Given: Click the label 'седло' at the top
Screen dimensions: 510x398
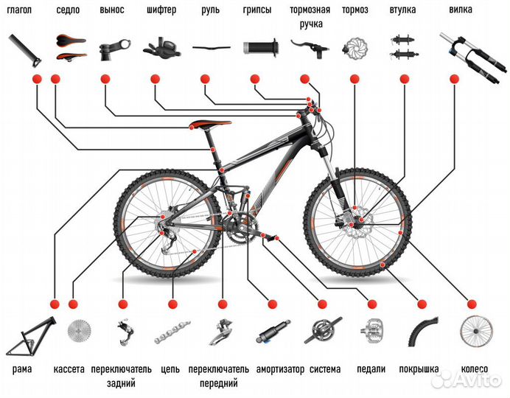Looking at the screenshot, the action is (x=68, y=10).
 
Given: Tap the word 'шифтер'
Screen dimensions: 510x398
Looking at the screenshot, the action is (x=161, y=10).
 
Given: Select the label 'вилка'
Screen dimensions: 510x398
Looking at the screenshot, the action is (x=461, y=10).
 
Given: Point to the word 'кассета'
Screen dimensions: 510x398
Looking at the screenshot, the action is (x=69, y=369).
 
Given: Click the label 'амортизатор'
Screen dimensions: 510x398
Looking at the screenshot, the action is (x=280, y=370).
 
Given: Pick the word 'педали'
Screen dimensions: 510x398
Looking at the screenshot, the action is (x=371, y=369).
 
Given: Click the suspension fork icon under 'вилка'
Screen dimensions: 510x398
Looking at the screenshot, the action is (x=473, y=57).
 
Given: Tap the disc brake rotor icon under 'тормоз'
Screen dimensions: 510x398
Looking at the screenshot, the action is (x=354, y=49).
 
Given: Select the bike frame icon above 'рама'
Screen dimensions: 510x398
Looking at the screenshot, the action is (x=31, y=336).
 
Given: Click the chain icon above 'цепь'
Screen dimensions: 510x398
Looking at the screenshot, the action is (x=172, y=332).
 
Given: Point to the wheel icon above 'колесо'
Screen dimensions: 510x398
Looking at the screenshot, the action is (x=477, y=331).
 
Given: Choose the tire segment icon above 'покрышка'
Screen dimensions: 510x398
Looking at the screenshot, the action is (x=422, y=332).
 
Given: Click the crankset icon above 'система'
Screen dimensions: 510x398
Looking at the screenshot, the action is (x=323, y=330).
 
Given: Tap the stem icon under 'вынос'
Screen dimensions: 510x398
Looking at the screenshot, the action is (x=113, y=50).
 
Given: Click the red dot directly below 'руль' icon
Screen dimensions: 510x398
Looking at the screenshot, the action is (x=205, y=79).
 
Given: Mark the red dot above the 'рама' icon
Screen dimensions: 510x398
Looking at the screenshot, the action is (x=55, y=304).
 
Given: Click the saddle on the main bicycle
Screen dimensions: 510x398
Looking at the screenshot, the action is (x=211, y=125).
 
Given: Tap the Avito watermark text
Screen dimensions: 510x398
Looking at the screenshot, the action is (x=466, y=380).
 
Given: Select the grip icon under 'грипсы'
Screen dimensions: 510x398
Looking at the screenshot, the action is (x=261, y=48).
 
